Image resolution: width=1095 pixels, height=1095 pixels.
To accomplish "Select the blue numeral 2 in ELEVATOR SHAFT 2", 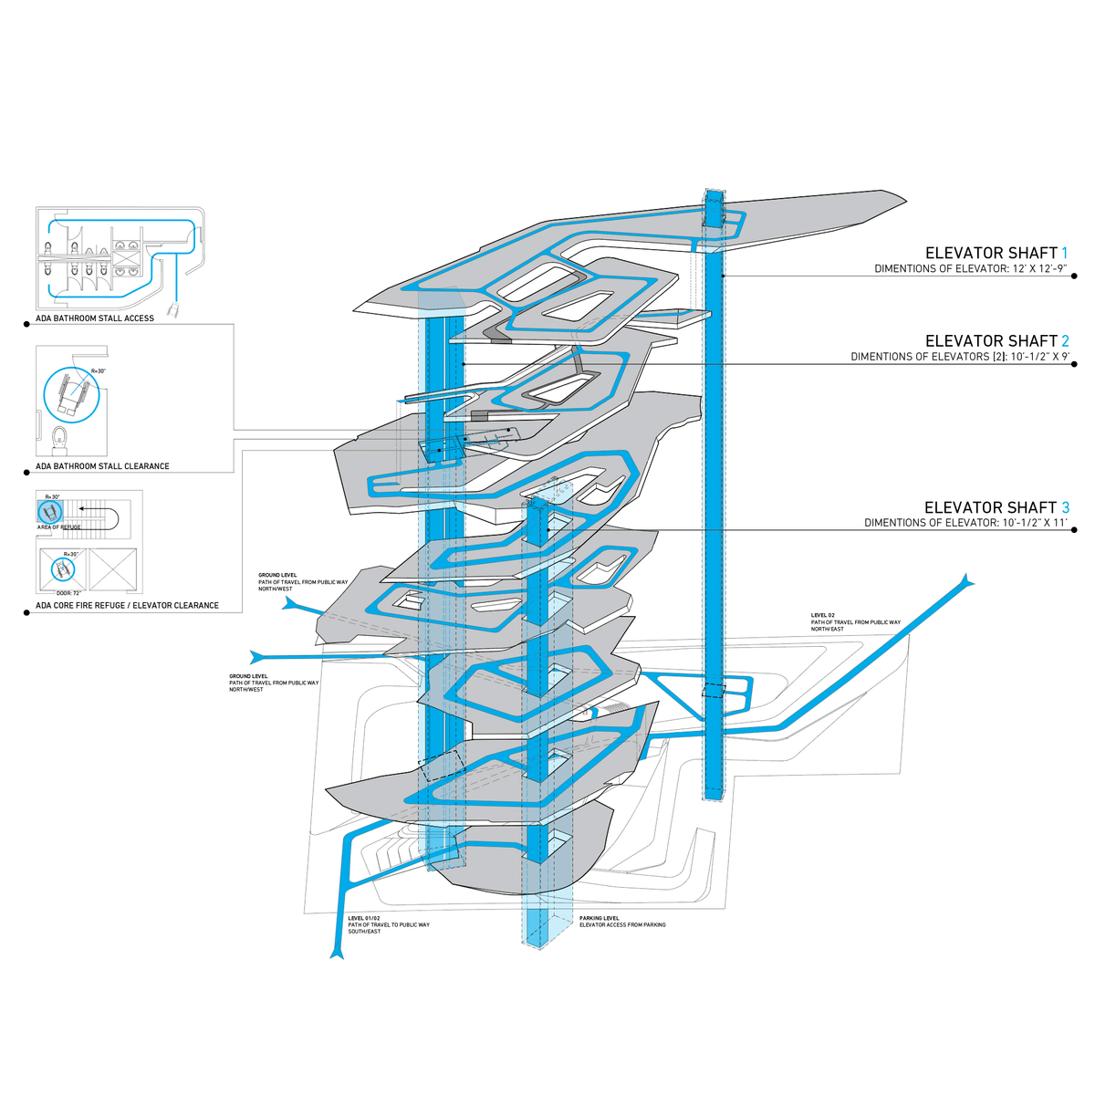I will tap(1064, 340).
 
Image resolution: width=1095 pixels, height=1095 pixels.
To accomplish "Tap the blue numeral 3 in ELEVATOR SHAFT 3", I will tap(1064, 507).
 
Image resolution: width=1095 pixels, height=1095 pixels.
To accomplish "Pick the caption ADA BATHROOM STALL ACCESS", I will tap(95, 318).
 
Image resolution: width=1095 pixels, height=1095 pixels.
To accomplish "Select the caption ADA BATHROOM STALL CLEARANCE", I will tap(102, 466).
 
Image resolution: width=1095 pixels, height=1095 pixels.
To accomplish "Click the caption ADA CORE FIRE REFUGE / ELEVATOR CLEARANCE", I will tap(127, 605).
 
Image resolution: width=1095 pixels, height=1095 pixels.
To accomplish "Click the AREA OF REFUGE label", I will tap(58, 527).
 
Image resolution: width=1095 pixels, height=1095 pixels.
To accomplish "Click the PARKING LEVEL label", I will tap(599, 918).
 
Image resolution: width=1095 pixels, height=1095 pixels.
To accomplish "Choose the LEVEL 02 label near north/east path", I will tap(823, 615).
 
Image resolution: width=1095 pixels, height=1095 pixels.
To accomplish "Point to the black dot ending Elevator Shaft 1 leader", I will tap(1074, 276).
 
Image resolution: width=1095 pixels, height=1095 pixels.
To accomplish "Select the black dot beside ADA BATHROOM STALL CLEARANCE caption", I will tap(26, 473).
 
